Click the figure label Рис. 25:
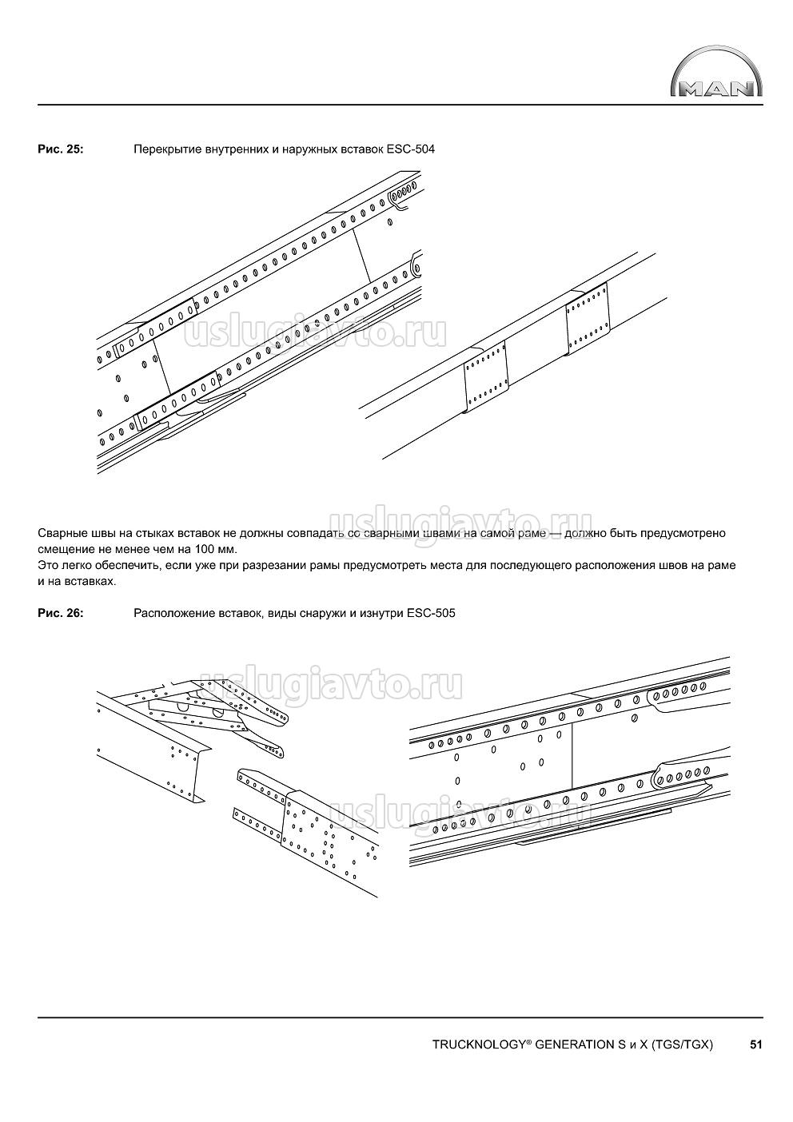tap(60, 149)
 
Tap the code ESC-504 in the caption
tap(410, 149)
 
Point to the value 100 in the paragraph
tap(206, 549)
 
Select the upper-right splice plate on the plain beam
tap(588, 317)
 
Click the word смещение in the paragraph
tap(66, 549)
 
